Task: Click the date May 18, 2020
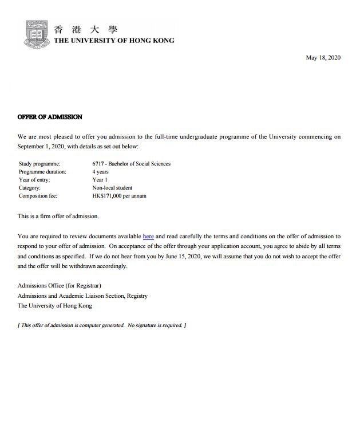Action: point(323,57)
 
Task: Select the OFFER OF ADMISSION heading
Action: point(50,117)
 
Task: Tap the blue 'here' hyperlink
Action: point(148,236)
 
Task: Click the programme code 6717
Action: point(98,164)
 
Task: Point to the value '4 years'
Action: point(100,172)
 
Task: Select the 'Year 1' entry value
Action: point(100,180)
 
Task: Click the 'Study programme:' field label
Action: point(39,164)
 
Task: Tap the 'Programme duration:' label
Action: point(42,172)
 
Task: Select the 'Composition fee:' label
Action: point(38,196)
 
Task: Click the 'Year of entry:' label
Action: point(35,180)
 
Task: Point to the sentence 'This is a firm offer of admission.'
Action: point(58,216)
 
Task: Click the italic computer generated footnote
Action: point(102,325)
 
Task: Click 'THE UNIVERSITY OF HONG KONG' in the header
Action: point(114,41)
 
